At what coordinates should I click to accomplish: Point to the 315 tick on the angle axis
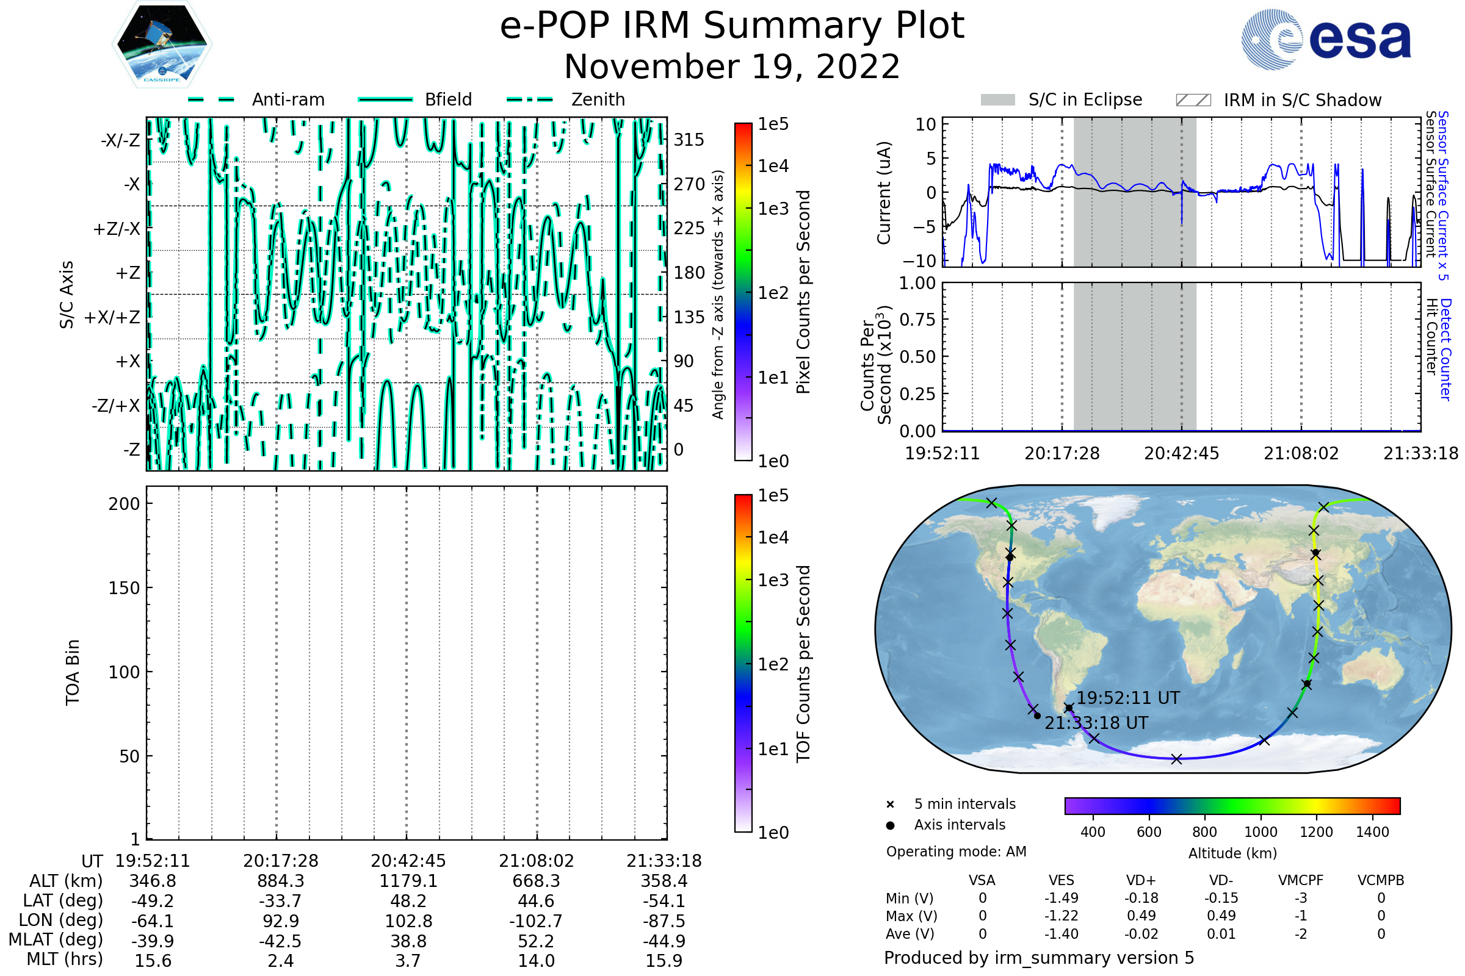(x=689, y=140)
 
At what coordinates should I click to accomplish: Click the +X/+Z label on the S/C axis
(x=112, y=317)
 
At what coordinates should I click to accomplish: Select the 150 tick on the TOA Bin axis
(x=124, y=588)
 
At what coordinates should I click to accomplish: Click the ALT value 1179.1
(x=408, y=881)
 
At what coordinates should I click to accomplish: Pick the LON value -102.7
(x=536, y=921)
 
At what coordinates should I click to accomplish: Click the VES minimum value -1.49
(x=1061, y=898)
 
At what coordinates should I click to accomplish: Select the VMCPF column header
(x=1300, y=881)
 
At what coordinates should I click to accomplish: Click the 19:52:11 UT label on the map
(x=1128, y=698)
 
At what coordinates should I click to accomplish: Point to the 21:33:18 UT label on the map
(x=1096, y=723)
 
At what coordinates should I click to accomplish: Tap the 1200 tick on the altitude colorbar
(x=1315, y=832)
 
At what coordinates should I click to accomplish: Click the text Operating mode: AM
(x=955, y=852)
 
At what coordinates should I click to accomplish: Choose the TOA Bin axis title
(x=73, y=672)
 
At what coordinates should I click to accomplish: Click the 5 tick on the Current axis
(x=930, y=159)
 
